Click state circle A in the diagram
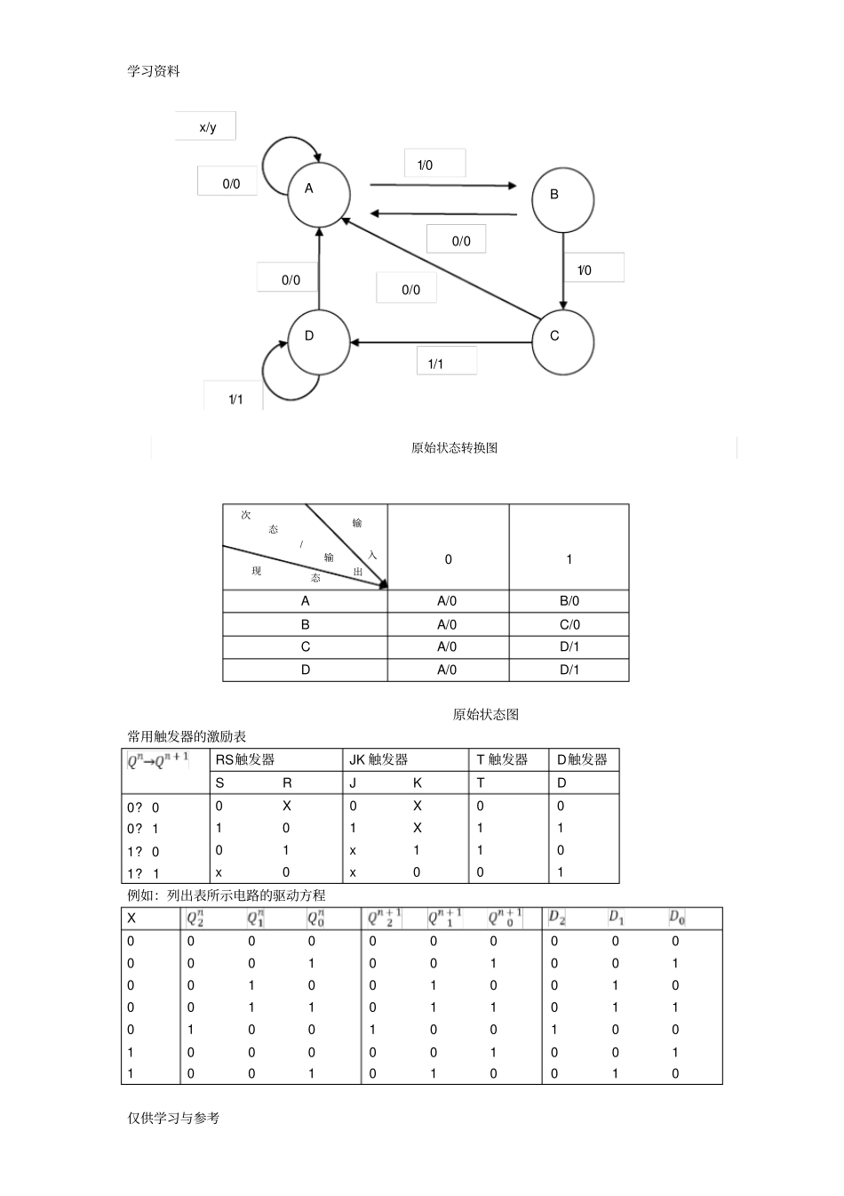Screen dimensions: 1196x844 point(318,194)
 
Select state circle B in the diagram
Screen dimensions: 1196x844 point(562,198)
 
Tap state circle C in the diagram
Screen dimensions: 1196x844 point(562,341)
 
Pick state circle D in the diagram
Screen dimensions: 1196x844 point(318,341)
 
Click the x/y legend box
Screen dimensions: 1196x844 point(208,127)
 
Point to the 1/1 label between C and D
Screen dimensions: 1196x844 point(446,362)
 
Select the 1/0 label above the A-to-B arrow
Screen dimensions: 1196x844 point(434,165)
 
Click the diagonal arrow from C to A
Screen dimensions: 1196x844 point(441,268)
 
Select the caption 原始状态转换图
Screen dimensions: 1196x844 point(454,448)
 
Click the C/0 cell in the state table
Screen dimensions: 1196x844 point(569,624)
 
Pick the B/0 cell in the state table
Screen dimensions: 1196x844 point(569,601)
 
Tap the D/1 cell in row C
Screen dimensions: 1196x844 point(569,647)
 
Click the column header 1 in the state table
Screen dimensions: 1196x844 point(569,559)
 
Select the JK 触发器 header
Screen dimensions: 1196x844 point(378,759)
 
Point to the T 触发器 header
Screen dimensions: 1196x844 point(502,759)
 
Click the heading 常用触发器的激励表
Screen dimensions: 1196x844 point(187,736)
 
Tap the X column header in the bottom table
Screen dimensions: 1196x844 point(131,919)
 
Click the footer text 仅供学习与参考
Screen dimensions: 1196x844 point(173,1118)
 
